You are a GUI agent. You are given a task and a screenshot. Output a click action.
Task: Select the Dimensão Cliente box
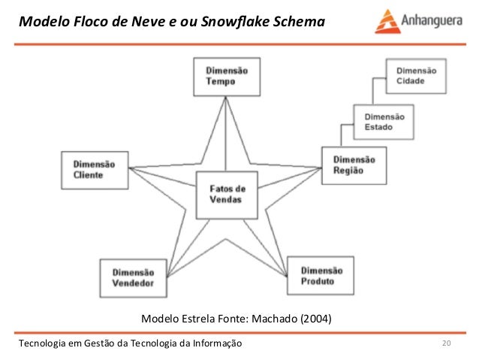[x=93, y=169]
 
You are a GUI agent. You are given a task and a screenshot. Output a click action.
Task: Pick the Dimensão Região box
[x=354, y=165]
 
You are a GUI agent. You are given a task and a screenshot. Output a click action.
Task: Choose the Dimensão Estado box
[x=384, y=123]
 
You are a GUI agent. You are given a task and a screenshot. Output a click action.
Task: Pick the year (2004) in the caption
[x=315, y=319]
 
